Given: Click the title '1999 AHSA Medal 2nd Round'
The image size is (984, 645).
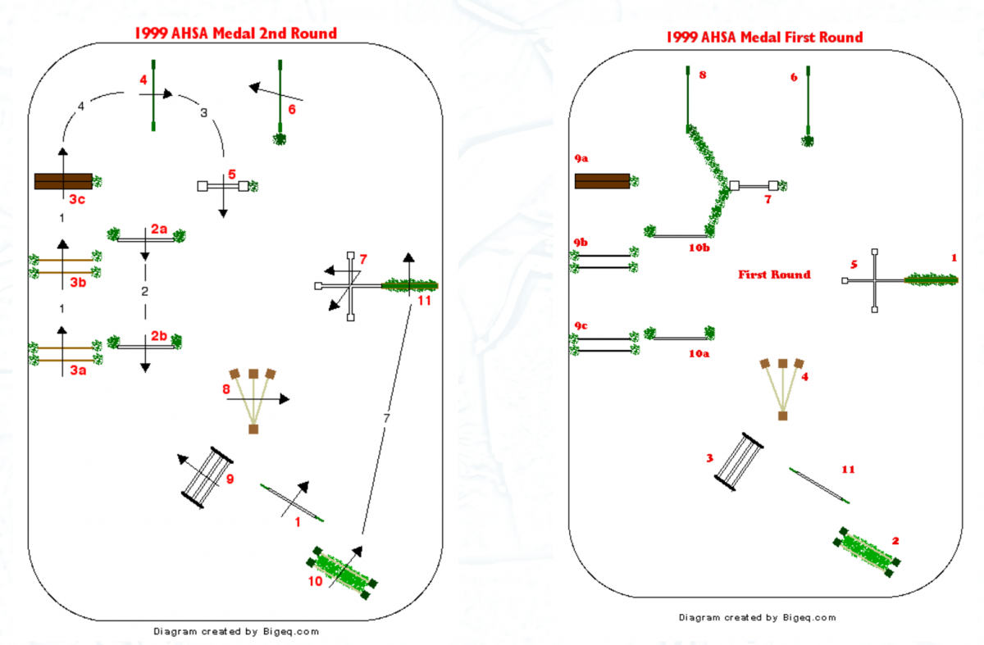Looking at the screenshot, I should [236, 34].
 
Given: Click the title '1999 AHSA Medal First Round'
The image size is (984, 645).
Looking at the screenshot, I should [764, 38].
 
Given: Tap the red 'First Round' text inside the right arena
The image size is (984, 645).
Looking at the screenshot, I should [774, 275].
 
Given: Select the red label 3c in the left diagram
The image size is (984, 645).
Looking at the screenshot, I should [75, 199].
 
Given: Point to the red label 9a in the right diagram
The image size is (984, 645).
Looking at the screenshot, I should [581, 156].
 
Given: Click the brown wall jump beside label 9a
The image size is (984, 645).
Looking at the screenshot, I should [602, 181].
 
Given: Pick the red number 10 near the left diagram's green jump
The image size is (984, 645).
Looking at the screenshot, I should [316, 582].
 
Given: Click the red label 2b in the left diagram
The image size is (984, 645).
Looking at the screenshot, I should [159, 336].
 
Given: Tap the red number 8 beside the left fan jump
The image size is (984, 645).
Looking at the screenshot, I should [226, 389].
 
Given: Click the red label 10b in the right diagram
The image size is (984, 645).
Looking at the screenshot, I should [699, 247].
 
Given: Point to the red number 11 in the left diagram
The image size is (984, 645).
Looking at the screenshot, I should [424, 301].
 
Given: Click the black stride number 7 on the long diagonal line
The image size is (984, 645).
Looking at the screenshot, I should [386, 419].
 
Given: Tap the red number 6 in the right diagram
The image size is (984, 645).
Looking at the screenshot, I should [794, 77].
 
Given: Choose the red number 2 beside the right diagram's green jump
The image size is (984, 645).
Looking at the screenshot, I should [895, 541].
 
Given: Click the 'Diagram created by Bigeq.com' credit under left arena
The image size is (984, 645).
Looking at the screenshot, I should [236, 632].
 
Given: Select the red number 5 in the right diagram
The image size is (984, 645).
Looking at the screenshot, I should [854, 265].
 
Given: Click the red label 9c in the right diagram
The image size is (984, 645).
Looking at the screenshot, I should [581, 325].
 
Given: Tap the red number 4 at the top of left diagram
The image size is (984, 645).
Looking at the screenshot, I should [143, 80].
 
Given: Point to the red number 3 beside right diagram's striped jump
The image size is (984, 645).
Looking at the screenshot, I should [710, 457].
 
